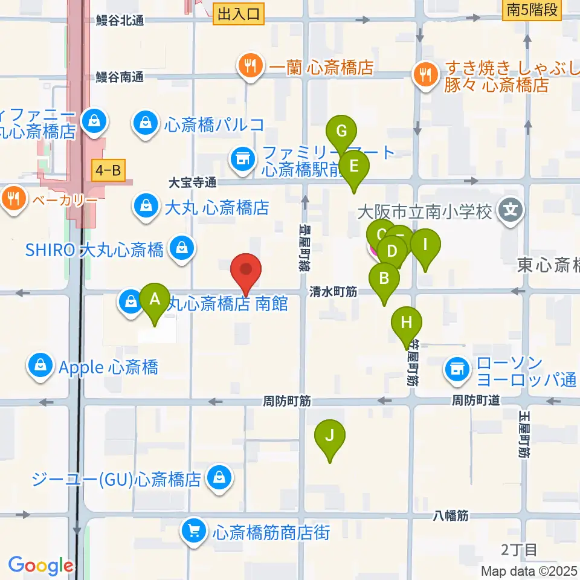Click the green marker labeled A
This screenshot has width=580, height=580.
click(x=155, y=299)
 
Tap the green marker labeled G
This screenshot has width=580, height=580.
click(x=342, y=131)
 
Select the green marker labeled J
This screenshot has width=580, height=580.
click(x=330, y=435)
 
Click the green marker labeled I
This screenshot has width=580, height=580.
click(x=425, y=245)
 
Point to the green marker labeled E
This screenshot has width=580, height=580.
click(x=354, y=166)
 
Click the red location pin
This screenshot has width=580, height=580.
click(x=246, y=270)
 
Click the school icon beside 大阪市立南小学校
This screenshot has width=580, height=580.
click(x=511, y=211)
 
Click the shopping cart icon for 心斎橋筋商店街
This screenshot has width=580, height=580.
click(x=194, y=532)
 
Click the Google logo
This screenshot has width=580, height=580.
click(x=40, y=565)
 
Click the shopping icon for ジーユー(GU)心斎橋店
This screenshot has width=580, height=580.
click(x=219, y=478)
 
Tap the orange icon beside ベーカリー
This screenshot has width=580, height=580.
click(x=13, y=198)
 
